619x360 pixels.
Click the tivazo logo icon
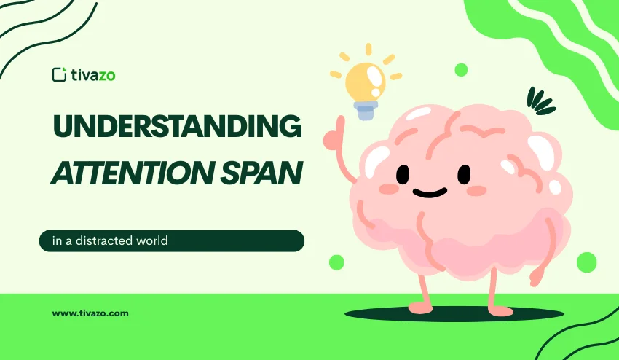point(59,74)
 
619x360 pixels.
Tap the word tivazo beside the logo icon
point(90,74)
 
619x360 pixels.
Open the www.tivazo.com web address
point(90,313)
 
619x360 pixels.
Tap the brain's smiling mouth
point(430,193)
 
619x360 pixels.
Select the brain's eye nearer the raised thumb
point(403,175)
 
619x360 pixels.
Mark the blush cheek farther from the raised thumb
point(476,190)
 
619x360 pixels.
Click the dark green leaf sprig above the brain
point(540,101)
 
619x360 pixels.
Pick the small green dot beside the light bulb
point(461,70)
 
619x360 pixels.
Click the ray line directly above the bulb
point(368,50)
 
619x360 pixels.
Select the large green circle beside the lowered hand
point(586,262)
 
